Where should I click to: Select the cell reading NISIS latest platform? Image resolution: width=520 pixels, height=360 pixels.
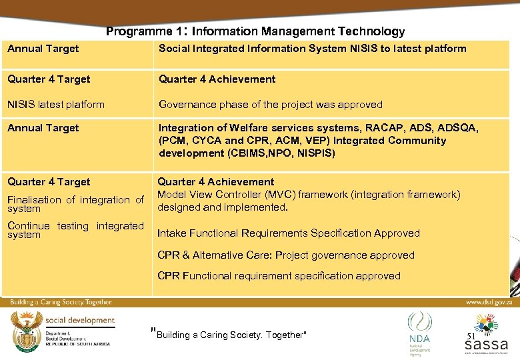pos(56,104)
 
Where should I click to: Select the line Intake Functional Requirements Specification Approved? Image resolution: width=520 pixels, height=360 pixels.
pos(288,233)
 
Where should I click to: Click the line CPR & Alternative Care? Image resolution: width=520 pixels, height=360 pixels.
pos(285,255)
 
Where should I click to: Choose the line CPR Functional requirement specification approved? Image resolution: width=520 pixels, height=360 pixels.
pos(279,275)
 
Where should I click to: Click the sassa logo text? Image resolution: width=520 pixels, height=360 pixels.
pos(486,345)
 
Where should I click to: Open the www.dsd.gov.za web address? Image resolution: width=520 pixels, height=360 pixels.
pos(488,302)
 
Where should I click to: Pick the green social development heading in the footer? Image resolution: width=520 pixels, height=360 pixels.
pos(80,320)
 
